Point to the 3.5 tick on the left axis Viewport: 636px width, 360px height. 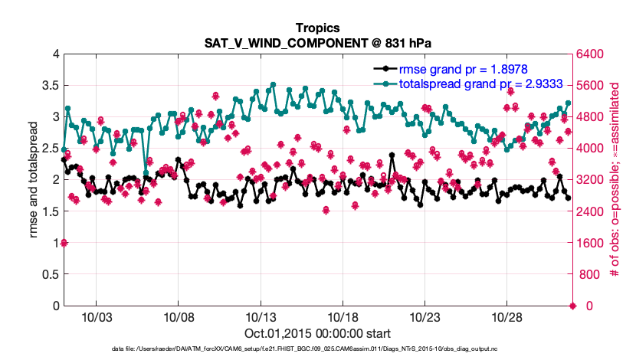click(48, 85)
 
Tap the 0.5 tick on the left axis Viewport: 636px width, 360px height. click(48, 274)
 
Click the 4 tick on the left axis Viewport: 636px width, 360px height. click(54, 54)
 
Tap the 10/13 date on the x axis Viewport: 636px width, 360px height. click(261, 316)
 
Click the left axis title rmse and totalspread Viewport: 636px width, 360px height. click(34, 179)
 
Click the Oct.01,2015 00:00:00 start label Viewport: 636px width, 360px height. click(317, 333)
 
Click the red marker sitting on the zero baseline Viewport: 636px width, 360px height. click(573, 306)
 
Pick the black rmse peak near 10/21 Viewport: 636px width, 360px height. click(392, 155)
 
